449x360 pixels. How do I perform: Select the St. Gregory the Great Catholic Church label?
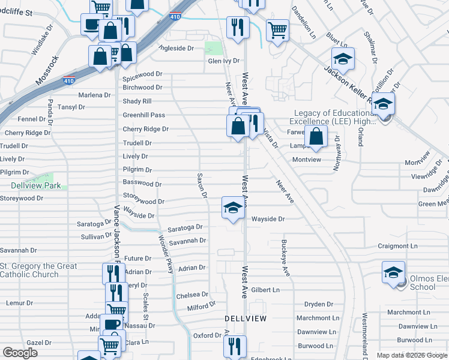point(38,270)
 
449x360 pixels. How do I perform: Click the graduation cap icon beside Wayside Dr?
point(234,208)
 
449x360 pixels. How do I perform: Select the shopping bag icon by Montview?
point(316,136)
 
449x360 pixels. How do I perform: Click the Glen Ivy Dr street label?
point(223,61)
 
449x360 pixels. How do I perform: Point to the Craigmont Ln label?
point(397,246)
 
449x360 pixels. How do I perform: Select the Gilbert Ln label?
point(265,290)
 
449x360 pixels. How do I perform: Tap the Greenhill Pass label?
point(143,115)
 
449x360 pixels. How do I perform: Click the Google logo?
point(20,353)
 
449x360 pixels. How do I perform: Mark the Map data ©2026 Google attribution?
point(412,355)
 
